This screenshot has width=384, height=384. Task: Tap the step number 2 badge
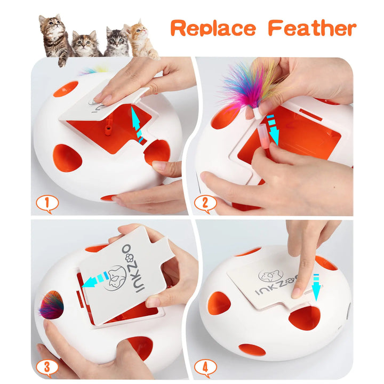(x=206, y=203)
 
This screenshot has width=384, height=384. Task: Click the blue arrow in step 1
(x=137, y=123)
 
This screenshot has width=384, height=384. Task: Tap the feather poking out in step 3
(x=51, y=305)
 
